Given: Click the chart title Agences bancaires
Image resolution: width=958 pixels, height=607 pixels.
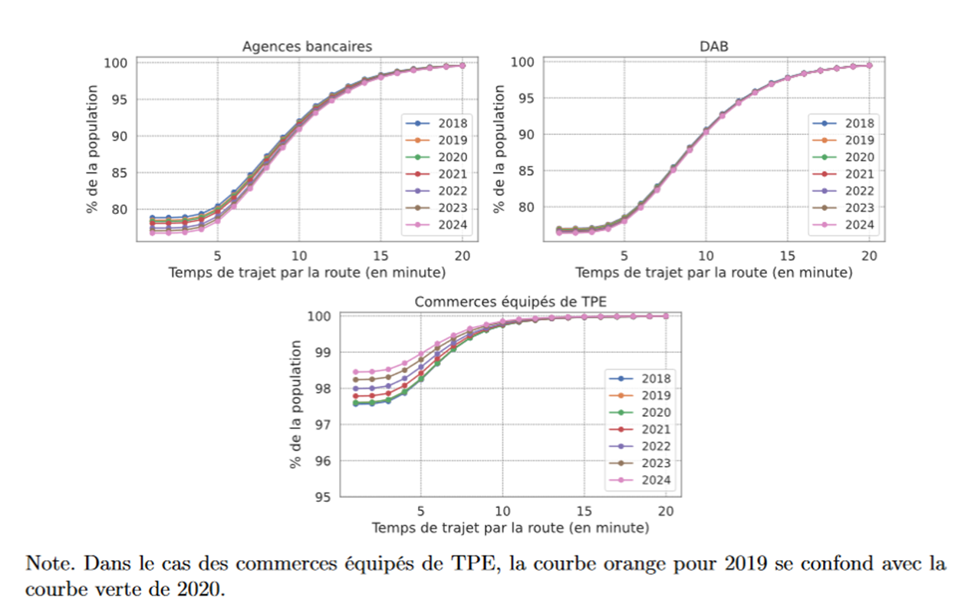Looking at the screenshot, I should point(307,47).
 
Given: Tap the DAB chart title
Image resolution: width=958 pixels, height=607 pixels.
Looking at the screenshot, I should point(713,47).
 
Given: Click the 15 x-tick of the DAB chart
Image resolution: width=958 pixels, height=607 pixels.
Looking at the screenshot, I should point(787,256).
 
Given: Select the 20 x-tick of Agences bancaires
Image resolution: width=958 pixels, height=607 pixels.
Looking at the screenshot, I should point(463,256).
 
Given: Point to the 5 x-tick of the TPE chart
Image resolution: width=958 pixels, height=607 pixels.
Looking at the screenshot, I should point(420,511).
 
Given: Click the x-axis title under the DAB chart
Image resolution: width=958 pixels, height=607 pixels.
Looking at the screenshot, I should point(713,272).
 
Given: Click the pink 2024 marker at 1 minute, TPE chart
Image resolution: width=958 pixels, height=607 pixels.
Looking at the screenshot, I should point(355,372).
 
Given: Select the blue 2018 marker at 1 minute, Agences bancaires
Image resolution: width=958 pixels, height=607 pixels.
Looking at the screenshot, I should point(153,218).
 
